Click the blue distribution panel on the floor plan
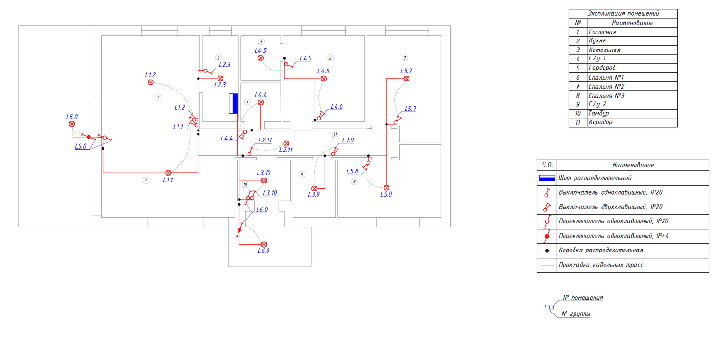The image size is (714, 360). coord(233,103)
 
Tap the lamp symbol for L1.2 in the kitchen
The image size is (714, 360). coord(151,82)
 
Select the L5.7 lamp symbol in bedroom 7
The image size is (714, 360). coord(407,79)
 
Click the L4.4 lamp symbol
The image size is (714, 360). coord(261,102)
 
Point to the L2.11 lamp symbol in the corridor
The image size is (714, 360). coord(286,144)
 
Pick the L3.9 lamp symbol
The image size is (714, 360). coord(314,189)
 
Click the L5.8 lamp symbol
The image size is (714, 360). coord(387,188)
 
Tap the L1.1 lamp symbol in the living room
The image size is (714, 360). coord(168,173)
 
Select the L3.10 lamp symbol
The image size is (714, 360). coord(264,180)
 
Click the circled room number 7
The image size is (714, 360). coord(405,58)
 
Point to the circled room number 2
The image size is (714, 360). coord(158,98)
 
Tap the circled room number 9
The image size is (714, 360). coord(301,175)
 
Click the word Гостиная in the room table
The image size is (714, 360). coord(602,32)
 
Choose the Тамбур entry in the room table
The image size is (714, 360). coord(599,113)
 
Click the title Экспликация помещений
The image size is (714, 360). coord(623,13)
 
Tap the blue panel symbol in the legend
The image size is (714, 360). coord(547,178)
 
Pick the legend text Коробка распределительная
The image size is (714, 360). coord(601,250)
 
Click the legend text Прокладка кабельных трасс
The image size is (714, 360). coord(601,265)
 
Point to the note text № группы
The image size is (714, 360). coord(575,314)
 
